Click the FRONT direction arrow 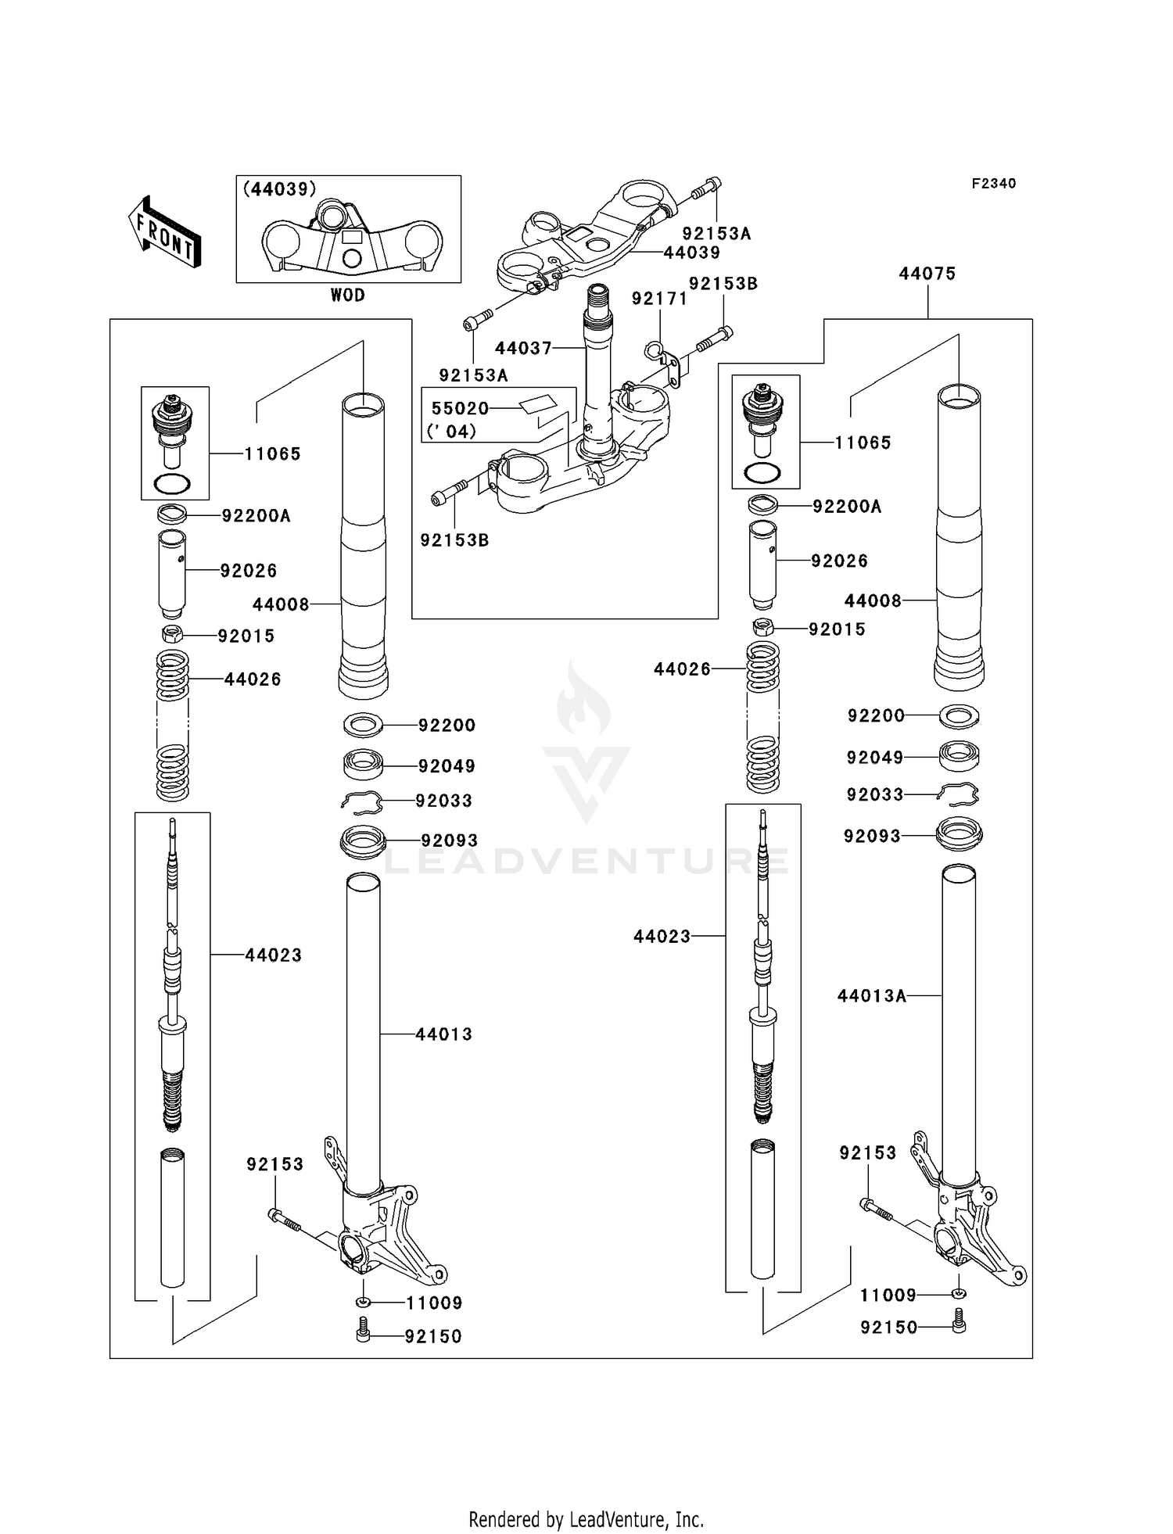click(x=164, y=232)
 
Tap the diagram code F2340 click(x=993, y=184)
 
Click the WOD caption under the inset click(x=347, y=296)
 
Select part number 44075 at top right click(x=927, y=274)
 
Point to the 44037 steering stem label click(x=523, y=349)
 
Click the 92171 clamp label click(x=659, y=299)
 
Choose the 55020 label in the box click(x=460, y=408)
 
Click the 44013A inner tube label click(x=871, y=996)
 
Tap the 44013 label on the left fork click(x=443, y=1034)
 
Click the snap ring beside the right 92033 click(x=960, y=794)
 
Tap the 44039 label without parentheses click(x=692, y=253)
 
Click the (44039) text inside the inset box click(x=279, y=189)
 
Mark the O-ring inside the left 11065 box click(x=173, y=484)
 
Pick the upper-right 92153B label click(x=723, y=284)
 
